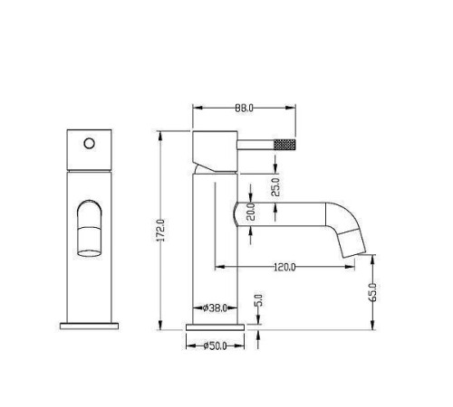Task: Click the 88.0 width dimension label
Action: tap(244, 108)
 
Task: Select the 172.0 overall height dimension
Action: tap(161, 231)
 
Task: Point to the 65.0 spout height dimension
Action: tap(373, 292)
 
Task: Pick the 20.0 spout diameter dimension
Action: tap(251, 213)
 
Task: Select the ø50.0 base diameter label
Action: tap(216, 345)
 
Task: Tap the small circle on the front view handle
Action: tap(88, 142)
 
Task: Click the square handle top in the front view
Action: tap(88, 149)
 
